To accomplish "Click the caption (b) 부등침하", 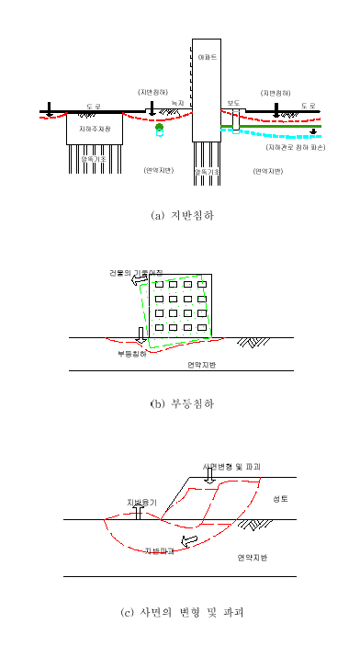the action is click(x=181, y=402).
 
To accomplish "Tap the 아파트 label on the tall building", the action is click(x=208, y=58).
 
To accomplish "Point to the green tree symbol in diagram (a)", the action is click(x=159, y=127).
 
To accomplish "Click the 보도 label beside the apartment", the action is click(x=233, y=104).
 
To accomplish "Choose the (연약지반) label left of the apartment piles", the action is click(x=159, y=170).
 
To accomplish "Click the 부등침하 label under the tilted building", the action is click(x=131, y=353).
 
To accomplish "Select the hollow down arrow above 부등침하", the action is click(x=140, y=333).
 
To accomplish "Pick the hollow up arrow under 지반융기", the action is click(x=137, y=515).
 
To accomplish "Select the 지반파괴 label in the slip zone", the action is click(x=162, y=551).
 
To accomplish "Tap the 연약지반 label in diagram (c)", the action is click(x=253, y=557).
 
